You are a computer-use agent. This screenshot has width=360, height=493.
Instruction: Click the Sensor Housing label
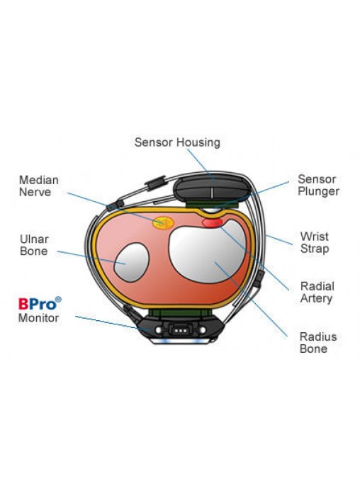(x=177, y=142)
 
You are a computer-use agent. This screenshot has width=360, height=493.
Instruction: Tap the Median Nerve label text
(x=39, y=186)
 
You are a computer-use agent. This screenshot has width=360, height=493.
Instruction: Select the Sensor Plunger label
(x=318, y=185)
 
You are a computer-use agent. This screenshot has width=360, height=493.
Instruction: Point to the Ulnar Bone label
(x=34, y=245)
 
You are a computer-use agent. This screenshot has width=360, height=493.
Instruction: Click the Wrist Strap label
(x=315, y=242)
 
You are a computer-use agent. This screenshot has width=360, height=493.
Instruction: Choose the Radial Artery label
(x=317, y=293)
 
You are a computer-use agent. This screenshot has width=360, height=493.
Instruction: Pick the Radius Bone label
(x=317, y=343)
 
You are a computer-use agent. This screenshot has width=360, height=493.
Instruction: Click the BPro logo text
(x=38, y=304)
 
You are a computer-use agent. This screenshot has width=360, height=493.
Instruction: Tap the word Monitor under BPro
(x=38, y=318)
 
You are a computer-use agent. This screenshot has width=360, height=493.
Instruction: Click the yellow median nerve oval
(x=163, y=223)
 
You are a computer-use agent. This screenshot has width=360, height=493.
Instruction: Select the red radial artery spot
(x=212, y=223)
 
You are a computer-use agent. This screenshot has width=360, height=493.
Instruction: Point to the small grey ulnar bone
(x=131, y=262)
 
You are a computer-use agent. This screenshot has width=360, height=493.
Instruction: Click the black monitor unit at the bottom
(x=181, y=329)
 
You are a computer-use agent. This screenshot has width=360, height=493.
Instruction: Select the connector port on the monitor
(x=181, y=330)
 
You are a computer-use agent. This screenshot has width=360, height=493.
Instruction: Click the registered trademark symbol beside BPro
(x=58, y=300)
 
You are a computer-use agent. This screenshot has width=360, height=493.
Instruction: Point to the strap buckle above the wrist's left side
(x=155, y=183)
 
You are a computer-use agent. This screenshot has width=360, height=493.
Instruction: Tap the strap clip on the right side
(x=259, y=279)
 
